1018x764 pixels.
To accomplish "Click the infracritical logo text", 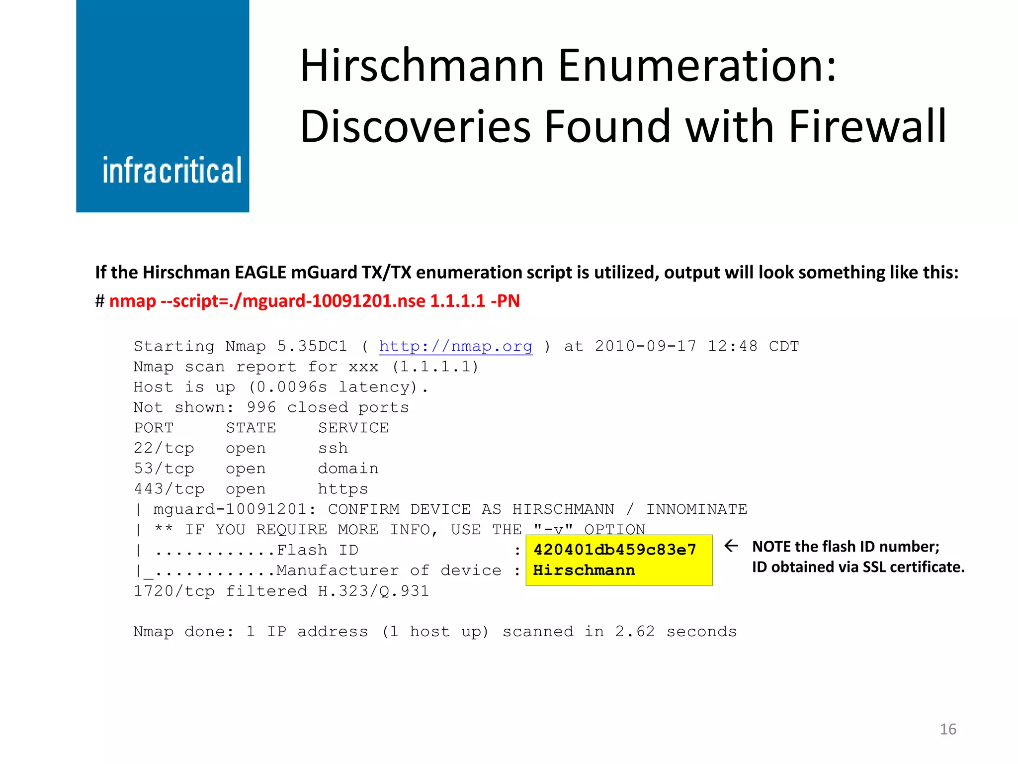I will (x=172, y=171).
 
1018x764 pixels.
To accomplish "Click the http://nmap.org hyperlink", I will (x=455, y=346).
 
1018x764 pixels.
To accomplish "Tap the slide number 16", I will (x=948, y=729).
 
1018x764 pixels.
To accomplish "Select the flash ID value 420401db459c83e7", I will (x=614, y=550).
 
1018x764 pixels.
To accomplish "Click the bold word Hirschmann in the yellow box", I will (x=584, y=570).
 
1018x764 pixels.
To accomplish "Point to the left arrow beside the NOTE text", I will (x=731, y=546).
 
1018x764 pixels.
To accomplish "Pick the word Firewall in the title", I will (x=867, y=127).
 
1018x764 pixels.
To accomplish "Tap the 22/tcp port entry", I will (x=164, y=448).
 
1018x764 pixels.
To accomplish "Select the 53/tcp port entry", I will (x=164, y=469).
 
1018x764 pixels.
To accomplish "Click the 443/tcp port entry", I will (x=169, y=489).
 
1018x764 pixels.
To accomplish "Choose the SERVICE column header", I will (x=353, y=428).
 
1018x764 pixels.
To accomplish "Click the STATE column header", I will (x=251, y=428).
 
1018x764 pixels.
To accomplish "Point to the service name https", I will (x=343, y=489).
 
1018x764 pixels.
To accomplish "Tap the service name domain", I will (x=348, y=469).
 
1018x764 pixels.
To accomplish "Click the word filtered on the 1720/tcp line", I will (x=266, y=591).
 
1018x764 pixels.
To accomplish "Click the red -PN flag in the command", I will (x=505, y=301).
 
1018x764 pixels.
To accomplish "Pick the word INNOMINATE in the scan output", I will (x=696, y=509).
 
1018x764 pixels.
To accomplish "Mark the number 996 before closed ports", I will (x=261, y=407).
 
